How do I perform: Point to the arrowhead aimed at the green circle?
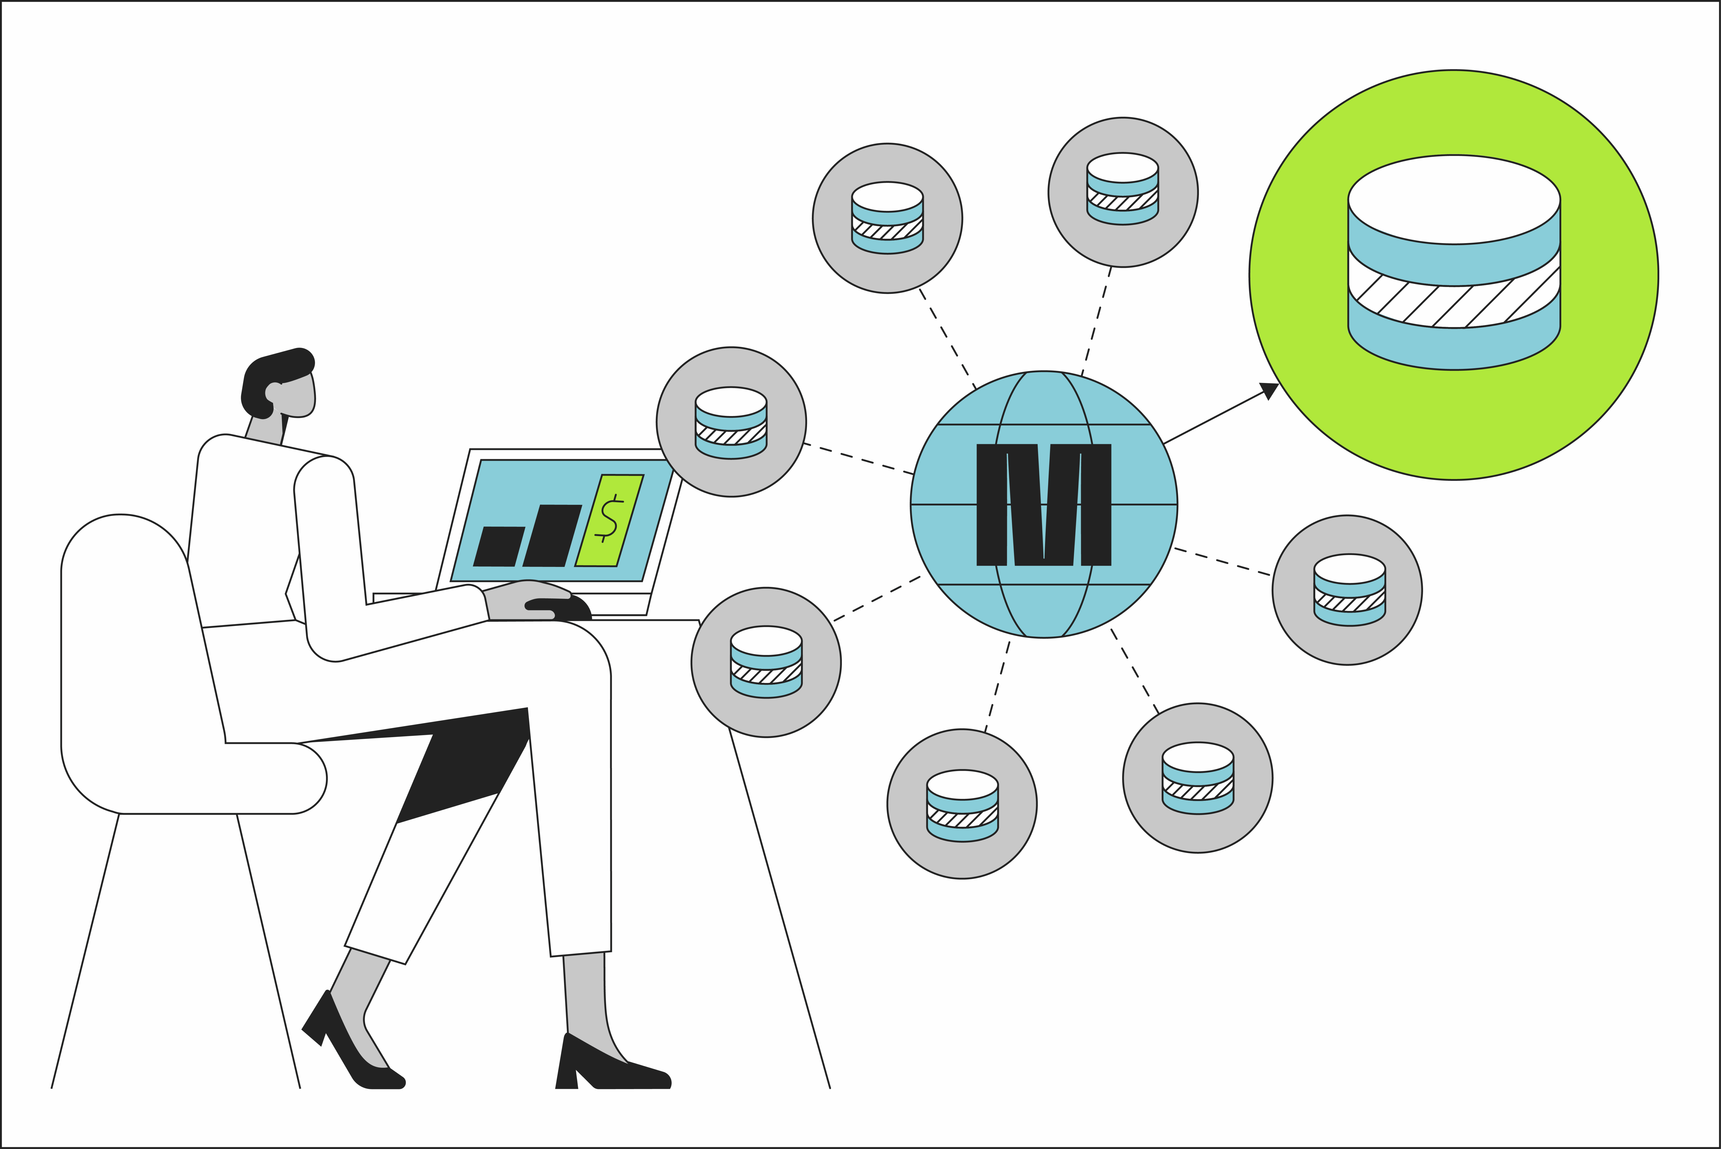click(1269, 390)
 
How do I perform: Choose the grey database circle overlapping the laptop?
click(731, 422)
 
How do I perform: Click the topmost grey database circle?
click(1123, 192)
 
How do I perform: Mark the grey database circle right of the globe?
click(1347, 590)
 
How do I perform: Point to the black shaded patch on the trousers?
click(469, 769)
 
